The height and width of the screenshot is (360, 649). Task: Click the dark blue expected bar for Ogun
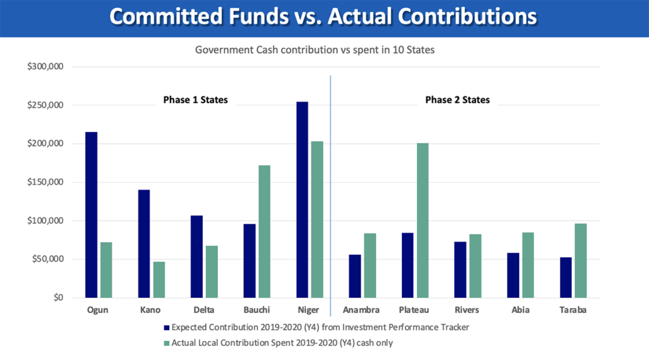(x=91, y=215)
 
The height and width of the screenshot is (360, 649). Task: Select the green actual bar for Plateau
(x=423, y=221)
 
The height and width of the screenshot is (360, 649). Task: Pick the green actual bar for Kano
(x=159, y=280)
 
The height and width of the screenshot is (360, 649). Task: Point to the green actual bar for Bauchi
(x=264, y=231)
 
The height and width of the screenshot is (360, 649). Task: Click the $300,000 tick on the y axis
(x=50, y=67)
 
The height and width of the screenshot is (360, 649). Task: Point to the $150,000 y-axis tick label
(x=50, y=183)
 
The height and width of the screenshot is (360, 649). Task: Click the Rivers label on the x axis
(x=468, y=311)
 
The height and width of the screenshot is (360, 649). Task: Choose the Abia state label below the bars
(x=520, y=311)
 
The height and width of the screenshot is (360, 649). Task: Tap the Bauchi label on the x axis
(x=257, y=311)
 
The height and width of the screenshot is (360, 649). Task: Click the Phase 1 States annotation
(x=195, y=100)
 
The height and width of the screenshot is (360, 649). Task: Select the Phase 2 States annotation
(x=457, y=100)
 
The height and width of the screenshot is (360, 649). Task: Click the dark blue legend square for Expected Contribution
(x=167, y=328)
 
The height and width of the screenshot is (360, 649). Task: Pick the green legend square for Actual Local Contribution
(x=167, y=343)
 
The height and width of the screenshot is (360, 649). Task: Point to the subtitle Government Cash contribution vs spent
(x=314, y=50)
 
